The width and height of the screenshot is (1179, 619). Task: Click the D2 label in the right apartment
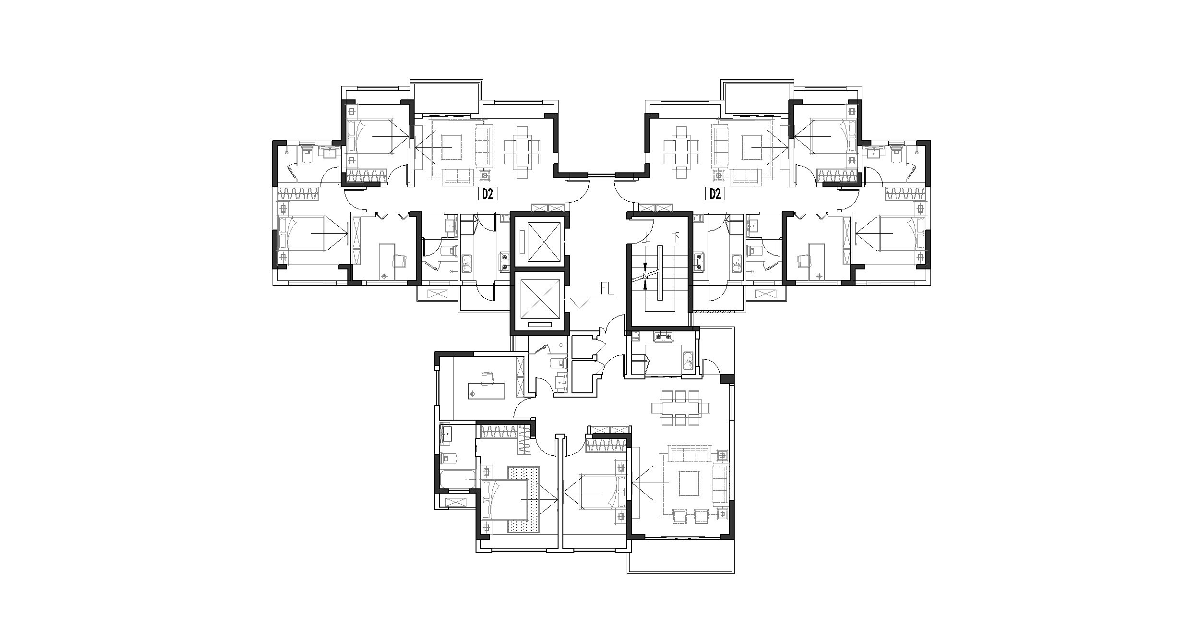(715, 194)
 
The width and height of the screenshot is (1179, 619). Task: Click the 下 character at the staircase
(677, 237)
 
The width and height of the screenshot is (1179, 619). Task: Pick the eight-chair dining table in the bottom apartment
(680, 408)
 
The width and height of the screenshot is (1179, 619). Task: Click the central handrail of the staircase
(660, 273)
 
